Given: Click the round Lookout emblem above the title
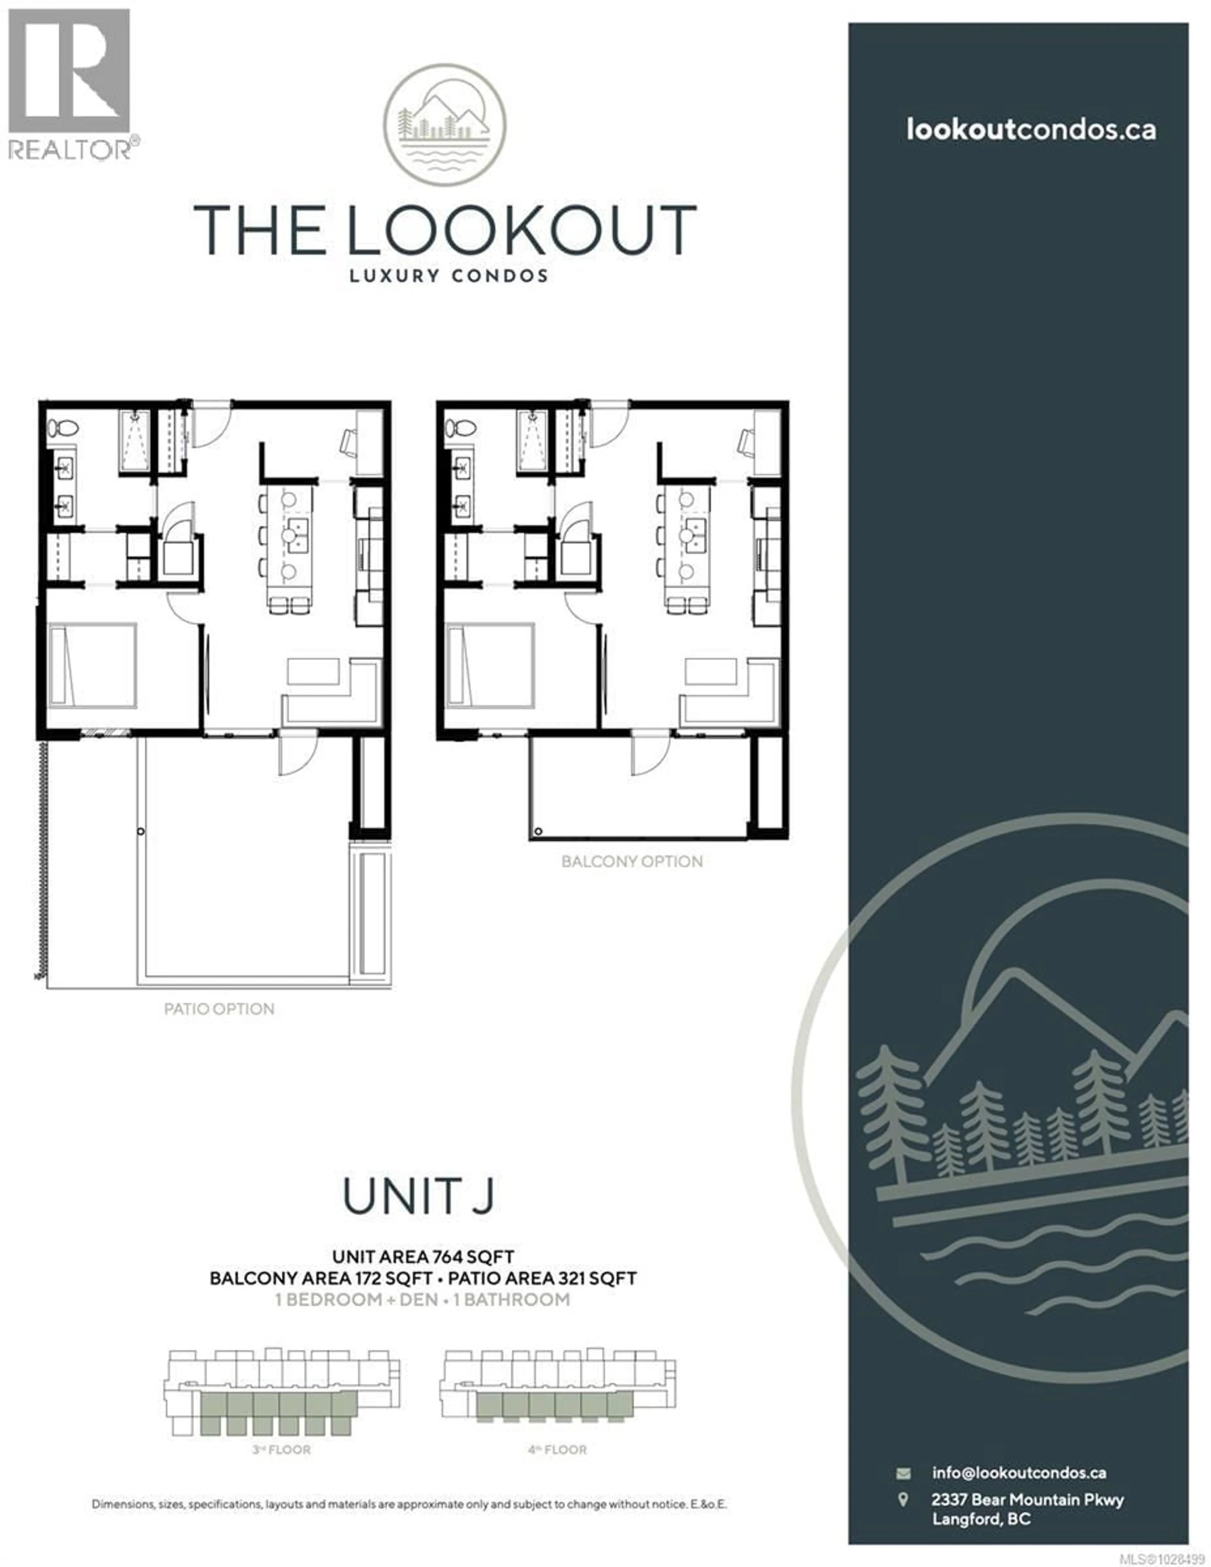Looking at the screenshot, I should tap(444, 125).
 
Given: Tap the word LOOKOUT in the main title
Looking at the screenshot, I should tap(522, 229).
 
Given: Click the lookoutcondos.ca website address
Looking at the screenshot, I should tap(1031, 130).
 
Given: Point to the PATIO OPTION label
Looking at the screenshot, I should tap(219, 1009).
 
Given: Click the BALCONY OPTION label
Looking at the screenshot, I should tap(632, 861).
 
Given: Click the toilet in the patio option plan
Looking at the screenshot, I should tap(63, 428).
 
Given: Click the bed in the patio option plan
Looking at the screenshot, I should tap(92, 666).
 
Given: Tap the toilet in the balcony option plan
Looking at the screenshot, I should tap(461, 428).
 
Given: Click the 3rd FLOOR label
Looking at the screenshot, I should tap(281, 1450).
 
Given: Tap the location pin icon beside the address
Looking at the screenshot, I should tap(903, 1500).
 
